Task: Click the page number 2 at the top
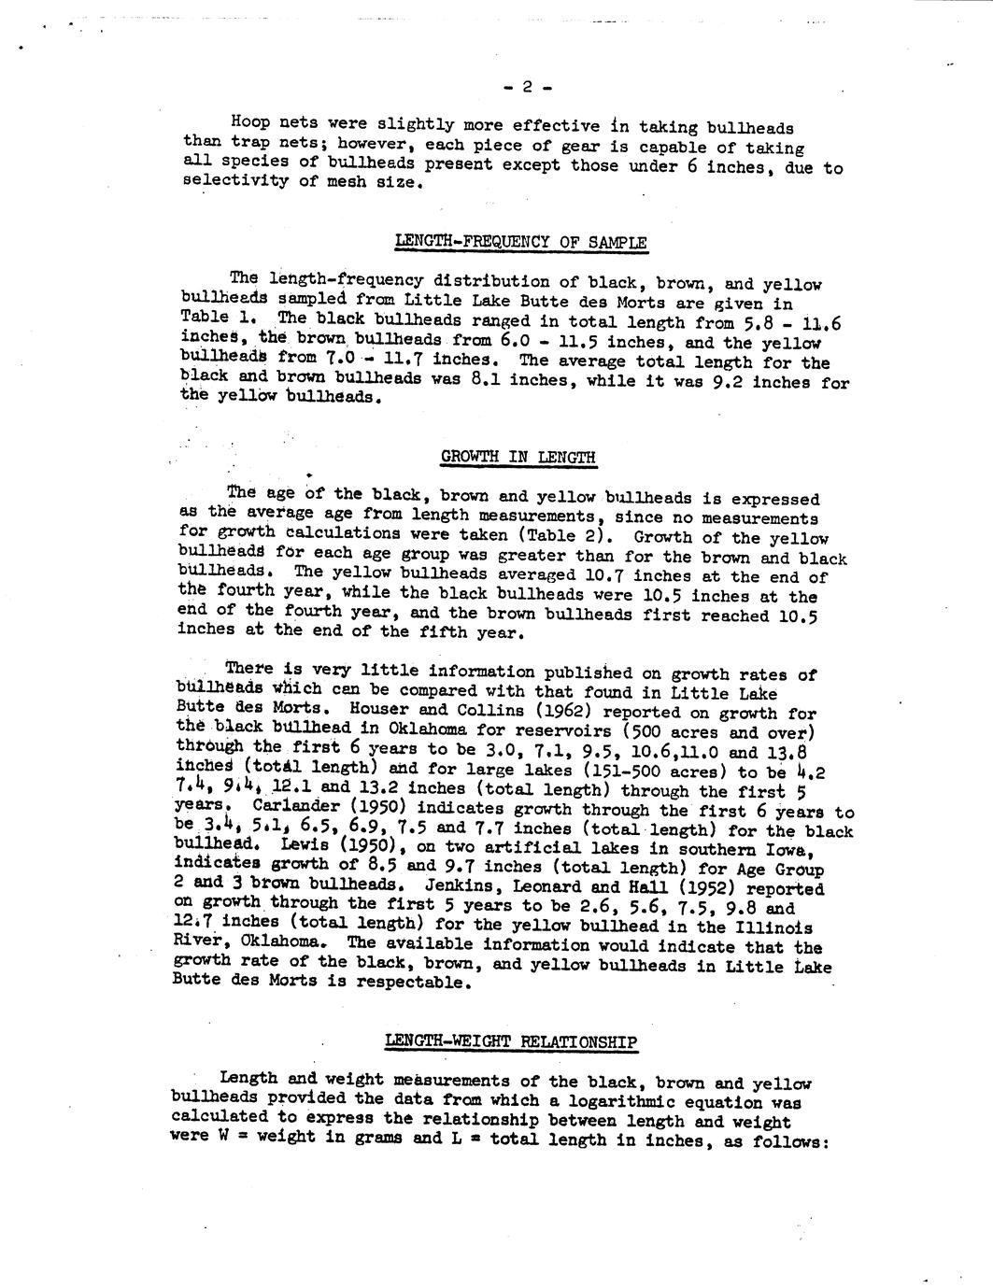pos(527,88)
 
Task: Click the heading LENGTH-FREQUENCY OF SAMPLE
pos(521,243)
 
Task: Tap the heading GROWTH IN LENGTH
pos(518,457)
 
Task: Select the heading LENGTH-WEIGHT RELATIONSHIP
pos(511,1042)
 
